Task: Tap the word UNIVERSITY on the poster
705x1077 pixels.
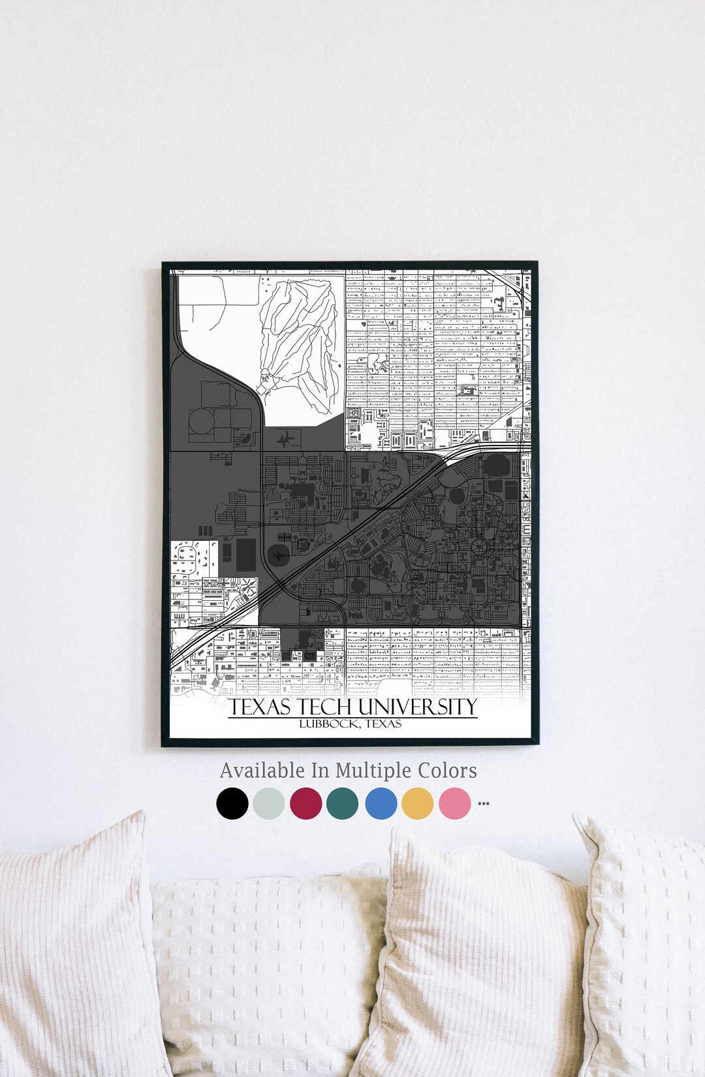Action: click(x=418, y=707)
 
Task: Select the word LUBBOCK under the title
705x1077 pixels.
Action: click(x=328, y=724)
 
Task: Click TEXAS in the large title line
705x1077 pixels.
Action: click(x=260, y=707)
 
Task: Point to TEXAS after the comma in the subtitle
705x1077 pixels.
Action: click(x=383, y=724)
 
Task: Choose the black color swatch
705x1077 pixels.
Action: click(x=232, y=803)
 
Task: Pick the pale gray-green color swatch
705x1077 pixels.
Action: click(x=269, y=803)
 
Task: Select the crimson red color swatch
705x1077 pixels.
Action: click(x=306, y=803)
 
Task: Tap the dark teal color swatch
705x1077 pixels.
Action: click(x=343, y=803)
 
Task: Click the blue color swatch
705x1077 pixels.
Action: click(x=381, y=803)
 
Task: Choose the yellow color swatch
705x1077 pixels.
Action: click(x=418, y=803)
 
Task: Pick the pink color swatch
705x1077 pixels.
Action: click(x=455, y=803)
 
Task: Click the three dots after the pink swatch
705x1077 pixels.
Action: click(x=484, y=803)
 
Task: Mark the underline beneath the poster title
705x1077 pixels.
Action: click(x=352, y=718)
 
